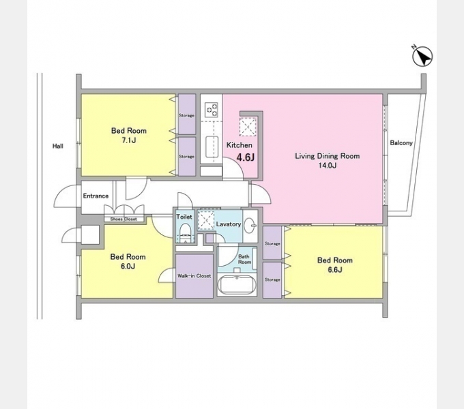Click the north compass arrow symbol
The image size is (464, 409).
click(x=422, y=56)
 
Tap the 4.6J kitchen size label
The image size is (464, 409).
click(x=246, y=157)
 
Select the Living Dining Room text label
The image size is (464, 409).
click(x=328, y=155)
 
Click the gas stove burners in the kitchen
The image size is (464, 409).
click(x=212, y=109)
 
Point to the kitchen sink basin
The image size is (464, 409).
click(x=212, y=147)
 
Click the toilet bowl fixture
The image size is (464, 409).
click(x=185, y=231)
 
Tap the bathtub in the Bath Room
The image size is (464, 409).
click(x=237, y=285)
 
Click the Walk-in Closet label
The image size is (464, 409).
click(x=194, y=275)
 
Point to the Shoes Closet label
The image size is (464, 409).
click(x=124, y=219)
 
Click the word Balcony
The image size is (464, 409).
click(x=401, y=143)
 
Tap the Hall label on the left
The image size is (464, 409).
click(x=58, y=146)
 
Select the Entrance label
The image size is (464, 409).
click(x=96, y=196)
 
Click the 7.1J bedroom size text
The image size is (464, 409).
click(x=129, y=140)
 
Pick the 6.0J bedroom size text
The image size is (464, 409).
click(x=128, y=267)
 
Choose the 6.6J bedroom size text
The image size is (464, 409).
click(x=334, y=270)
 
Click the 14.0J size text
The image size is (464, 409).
click(x=328, y=165)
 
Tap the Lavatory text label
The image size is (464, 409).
click(x=229, y=224)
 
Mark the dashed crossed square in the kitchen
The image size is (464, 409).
click(x=248, y=127)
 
